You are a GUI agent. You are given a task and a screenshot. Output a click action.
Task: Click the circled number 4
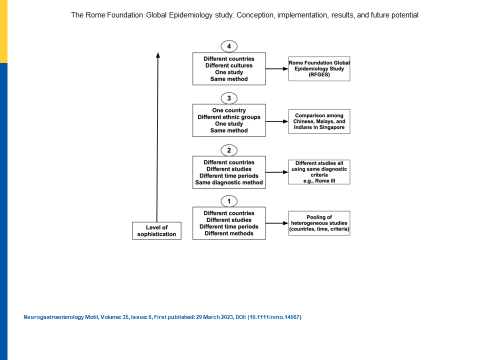(x=229, y=46)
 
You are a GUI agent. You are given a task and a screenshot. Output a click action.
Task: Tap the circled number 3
(x=229, y=98)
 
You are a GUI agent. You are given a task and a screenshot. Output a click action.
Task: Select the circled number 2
(x=229, y=150)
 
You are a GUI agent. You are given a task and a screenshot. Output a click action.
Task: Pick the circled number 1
(x=229, y=201)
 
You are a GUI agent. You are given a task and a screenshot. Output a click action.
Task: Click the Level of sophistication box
(x=156, y=231)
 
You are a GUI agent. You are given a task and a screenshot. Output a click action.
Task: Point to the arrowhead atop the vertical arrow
(x=158, y=55)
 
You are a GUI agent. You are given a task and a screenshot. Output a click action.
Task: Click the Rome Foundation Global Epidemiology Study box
(x=319, y=69)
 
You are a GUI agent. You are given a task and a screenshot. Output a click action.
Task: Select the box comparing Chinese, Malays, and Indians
(x=319, y=121)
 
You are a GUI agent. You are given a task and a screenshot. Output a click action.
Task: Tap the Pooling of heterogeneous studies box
(x=319, y=223)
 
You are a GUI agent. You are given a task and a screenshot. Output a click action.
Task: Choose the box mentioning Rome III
(x=319, y=172)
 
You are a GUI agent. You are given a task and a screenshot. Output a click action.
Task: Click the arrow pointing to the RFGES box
(x=277, y=69)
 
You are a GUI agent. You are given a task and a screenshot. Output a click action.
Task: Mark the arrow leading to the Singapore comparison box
(x=277, y=121)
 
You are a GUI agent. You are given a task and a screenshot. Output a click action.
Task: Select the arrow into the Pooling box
(x=277, y=223)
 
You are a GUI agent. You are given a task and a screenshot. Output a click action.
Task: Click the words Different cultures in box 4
(x=229, y=65)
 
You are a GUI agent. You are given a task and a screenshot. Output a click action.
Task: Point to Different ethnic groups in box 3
(x=229, y=117)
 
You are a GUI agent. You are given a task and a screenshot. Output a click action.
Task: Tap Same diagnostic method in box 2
(x=229, y=182)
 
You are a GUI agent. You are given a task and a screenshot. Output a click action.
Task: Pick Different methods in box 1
(x=229, y=233)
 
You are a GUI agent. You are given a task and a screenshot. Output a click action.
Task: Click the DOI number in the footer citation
(x=274, y=317)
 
